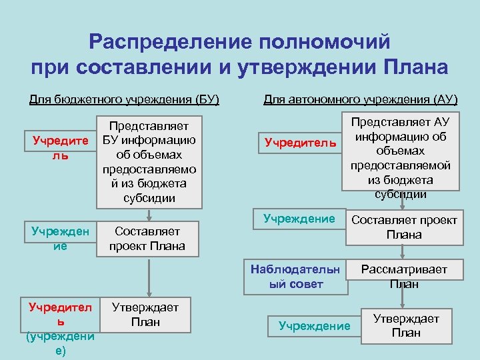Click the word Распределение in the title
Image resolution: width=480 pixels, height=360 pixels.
(x=173, y=42)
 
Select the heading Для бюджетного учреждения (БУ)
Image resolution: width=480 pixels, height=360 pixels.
(x=124, y=100)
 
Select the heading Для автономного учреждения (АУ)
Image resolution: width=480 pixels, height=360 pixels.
(x=361, y=100)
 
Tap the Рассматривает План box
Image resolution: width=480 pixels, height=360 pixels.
(x=403, y=276)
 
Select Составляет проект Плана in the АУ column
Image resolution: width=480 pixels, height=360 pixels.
(x=404, y=227)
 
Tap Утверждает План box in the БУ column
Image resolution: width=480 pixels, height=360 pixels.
(x=145, y=315)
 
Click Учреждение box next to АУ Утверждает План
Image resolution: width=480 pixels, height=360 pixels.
(x=314, y=325)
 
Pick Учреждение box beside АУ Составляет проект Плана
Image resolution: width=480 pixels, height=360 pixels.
(x=299, y=218)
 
